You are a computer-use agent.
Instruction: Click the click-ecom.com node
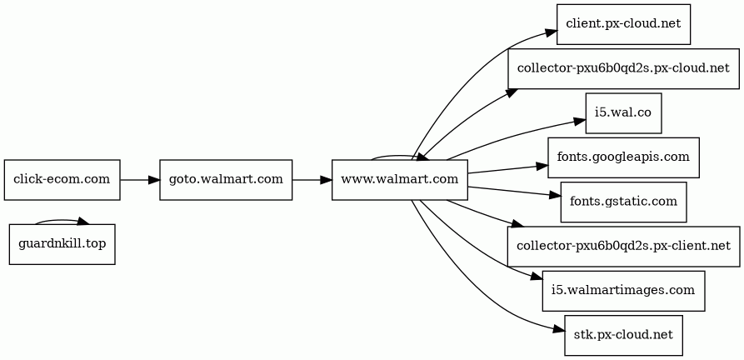62,180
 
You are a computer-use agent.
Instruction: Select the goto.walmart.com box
226,180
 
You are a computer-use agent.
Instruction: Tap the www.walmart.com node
400,180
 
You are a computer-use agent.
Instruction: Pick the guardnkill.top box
62,244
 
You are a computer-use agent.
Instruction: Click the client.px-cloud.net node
623,23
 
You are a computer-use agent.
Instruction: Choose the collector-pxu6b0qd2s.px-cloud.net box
623,69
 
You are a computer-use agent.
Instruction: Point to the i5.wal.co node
623,113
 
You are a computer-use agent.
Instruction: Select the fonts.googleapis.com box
623,157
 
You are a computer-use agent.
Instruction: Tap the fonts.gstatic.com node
623,202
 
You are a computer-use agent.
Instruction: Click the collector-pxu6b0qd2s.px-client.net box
623,246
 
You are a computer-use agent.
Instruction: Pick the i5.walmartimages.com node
623,290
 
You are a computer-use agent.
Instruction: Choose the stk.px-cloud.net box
623,335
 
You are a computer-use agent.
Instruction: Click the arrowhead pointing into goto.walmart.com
154,180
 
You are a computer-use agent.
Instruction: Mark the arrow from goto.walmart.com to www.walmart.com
312,180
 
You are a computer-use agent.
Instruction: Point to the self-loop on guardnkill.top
58,221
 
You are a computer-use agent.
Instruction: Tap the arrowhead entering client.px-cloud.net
551,32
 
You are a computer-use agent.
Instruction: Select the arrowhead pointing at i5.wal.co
581,120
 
